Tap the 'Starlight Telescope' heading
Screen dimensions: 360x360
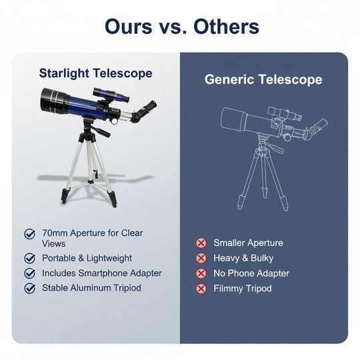[x=95, y=73]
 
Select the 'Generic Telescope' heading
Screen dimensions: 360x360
[x=263, y=80]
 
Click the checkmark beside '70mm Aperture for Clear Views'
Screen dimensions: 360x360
[x=30, y=234]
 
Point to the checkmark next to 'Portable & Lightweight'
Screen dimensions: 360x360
[x=30, y=258]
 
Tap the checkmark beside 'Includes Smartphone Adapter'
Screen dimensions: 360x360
[x=30, y=273]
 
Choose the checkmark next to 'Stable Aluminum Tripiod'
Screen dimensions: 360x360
[x=30, y=289]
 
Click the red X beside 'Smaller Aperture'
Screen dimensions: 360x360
[x=201, y=243]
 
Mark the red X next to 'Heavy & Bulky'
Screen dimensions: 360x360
[x=201, y=258]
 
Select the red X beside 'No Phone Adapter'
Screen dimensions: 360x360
[x=201, y=273]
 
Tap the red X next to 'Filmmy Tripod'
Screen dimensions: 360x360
[x=201, y=289]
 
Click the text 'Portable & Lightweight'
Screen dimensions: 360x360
[x=87, y=258]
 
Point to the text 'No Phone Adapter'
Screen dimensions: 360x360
[x=251, y=273]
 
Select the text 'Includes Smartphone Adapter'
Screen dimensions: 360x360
[x=102, y=273]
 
